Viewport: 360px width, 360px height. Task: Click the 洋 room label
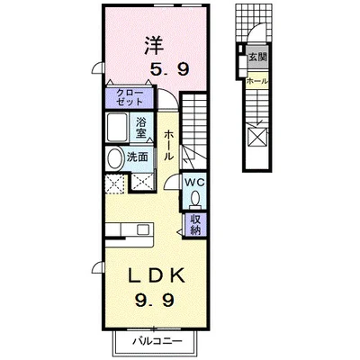point(155,45)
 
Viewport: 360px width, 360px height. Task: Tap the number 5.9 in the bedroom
point(170,70)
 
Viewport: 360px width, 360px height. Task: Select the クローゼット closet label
point(130,97)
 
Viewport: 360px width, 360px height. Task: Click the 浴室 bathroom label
point(141,128)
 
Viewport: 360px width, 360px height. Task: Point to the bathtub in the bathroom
point(117,127)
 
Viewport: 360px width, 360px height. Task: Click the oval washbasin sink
point(114,157)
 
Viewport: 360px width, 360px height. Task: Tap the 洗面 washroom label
point(137,157)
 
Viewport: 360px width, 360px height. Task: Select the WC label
point(194,182)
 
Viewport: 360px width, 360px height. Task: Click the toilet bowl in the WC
point(195,198)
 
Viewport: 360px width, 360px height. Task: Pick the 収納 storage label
point(195,225)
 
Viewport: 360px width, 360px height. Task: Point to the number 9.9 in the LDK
point(155,301)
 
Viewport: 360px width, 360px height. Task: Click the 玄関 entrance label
point(257,57)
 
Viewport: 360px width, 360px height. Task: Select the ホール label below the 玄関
point(257,81)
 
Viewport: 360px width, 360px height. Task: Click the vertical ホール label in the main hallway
point(168,145)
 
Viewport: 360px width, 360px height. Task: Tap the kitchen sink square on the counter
point(142,230)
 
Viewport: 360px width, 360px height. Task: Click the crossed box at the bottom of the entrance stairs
point(257,138)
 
